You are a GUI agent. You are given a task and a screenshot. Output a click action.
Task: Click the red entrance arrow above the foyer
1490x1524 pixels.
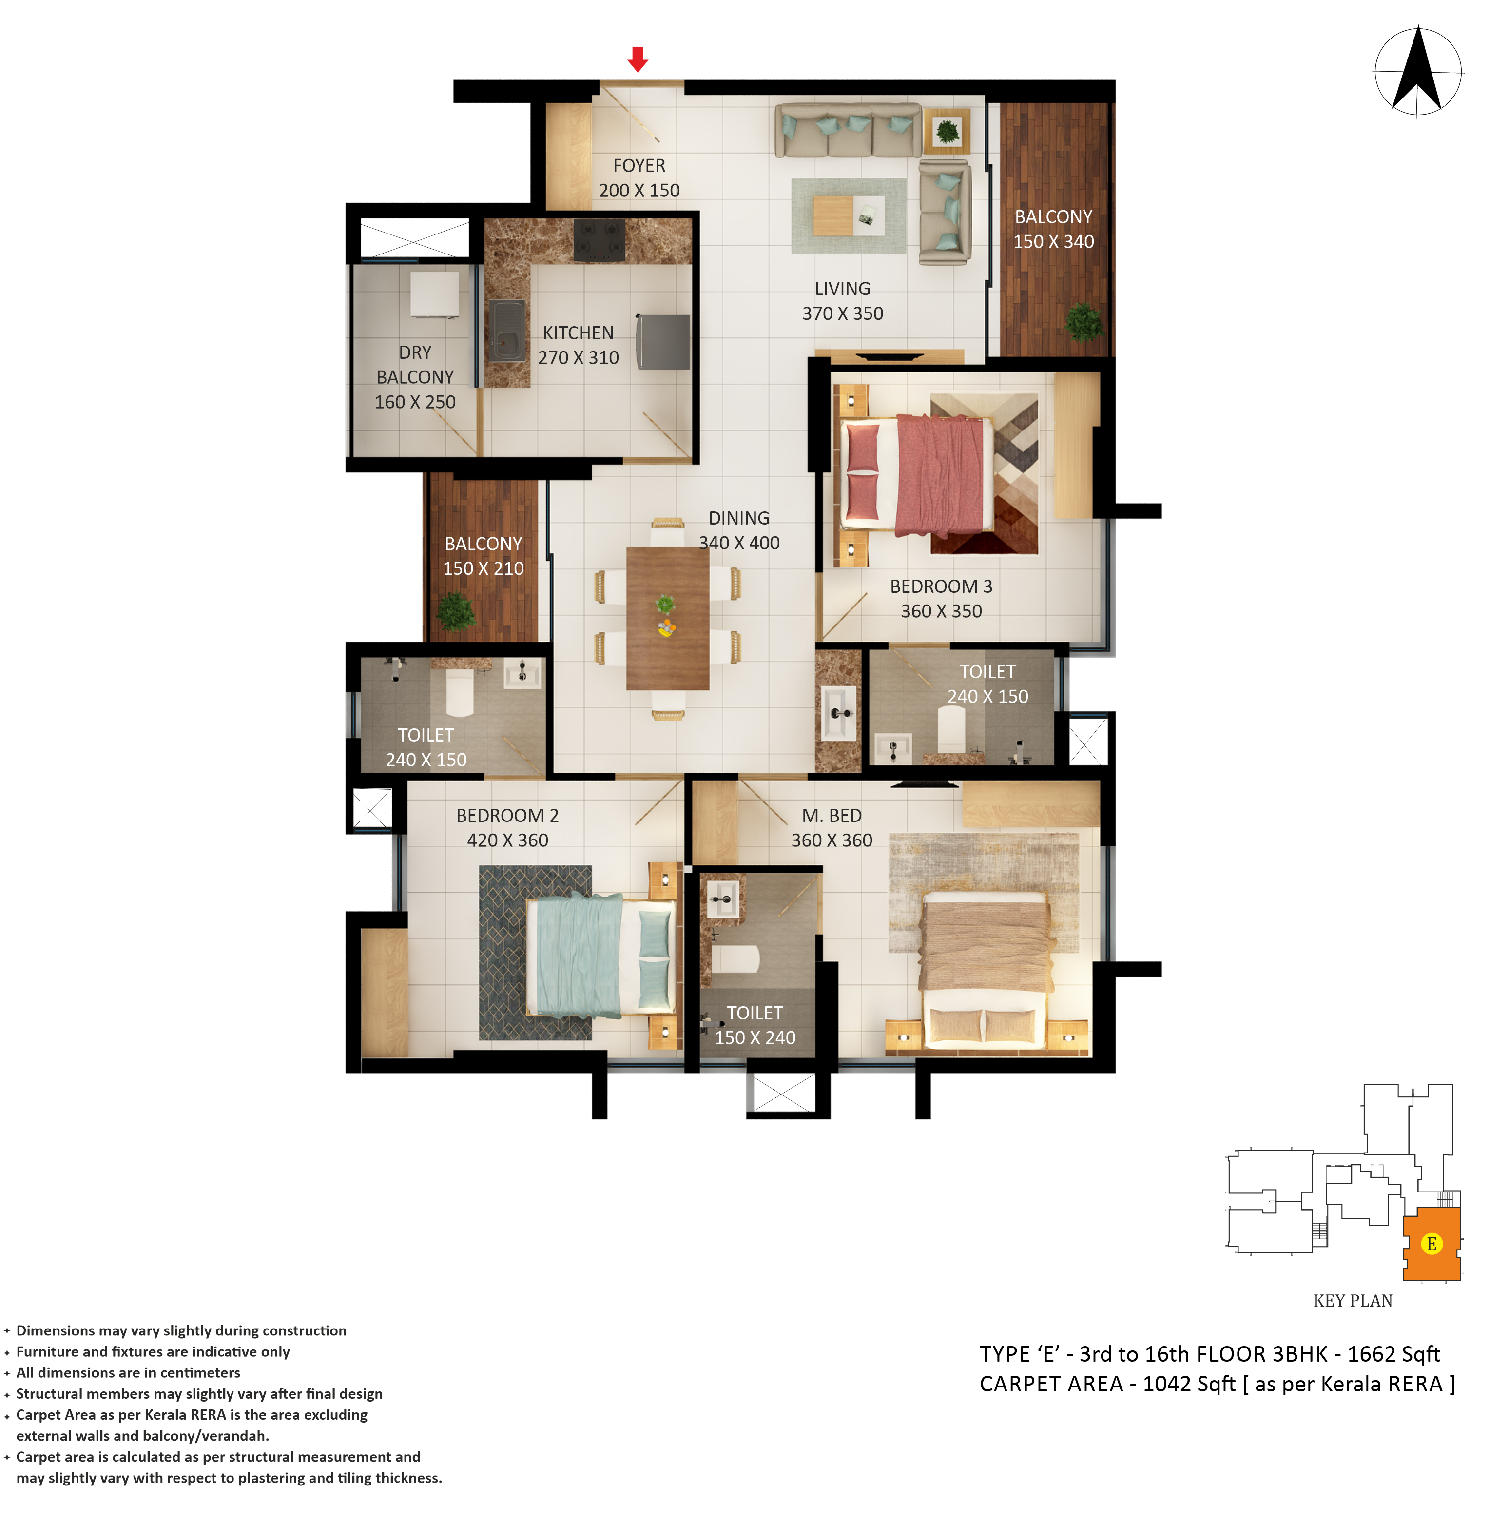(638, 59)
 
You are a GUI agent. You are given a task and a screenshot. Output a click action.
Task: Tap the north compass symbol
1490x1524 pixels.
(1417, 72)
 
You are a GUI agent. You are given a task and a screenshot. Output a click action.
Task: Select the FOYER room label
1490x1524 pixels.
(639, 166)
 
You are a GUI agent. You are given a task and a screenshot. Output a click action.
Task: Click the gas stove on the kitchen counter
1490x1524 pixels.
(600, 239)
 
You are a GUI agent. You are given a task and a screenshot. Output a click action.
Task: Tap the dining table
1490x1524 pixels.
(668, 618)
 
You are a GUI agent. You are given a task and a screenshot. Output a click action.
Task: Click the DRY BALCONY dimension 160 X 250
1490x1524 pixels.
(415, 402)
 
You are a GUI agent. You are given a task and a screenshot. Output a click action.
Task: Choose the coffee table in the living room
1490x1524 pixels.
(849, 215)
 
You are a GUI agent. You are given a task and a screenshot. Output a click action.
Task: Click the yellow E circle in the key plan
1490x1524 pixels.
(1432, 1244)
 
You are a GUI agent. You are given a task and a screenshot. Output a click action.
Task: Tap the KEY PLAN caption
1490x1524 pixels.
(1352, 1301)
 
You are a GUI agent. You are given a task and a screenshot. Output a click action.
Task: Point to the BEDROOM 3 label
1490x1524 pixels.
(941, 586)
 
